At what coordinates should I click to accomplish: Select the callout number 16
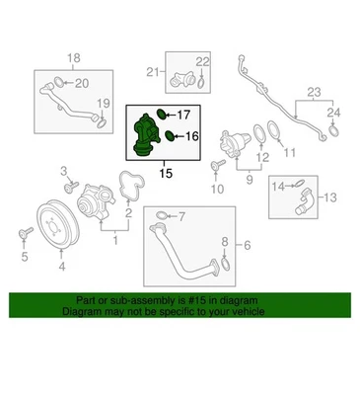pyautogui.click(x=192, y=135)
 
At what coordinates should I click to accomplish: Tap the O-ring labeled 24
pyautogui.click(x=335, y=125)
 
